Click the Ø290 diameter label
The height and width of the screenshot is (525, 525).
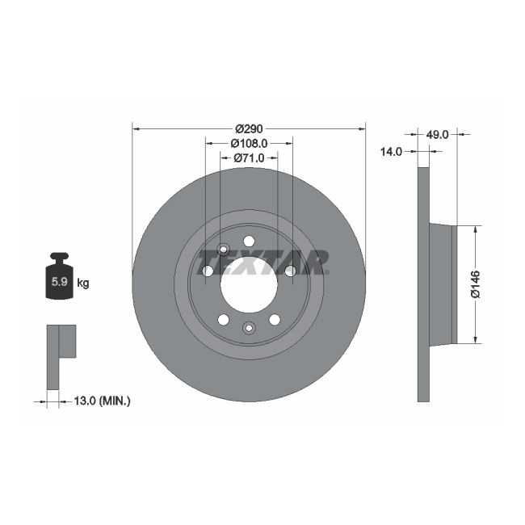249,128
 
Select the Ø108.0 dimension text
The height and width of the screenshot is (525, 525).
249,143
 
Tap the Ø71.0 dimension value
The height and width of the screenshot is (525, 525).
249,158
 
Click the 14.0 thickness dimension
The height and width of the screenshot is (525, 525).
391,151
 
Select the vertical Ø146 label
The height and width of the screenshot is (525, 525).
476,283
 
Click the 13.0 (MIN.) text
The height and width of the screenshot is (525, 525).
103,400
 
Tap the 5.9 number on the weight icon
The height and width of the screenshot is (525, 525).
59,283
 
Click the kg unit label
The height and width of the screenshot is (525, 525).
82,283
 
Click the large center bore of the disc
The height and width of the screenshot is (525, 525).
249,284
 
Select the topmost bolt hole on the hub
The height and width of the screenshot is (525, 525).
249,241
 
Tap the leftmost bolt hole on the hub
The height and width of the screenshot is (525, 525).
208,271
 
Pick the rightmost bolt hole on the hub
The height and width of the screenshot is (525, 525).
290,271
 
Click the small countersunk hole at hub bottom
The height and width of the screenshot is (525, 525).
249,327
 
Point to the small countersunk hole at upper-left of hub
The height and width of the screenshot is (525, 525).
224,249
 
